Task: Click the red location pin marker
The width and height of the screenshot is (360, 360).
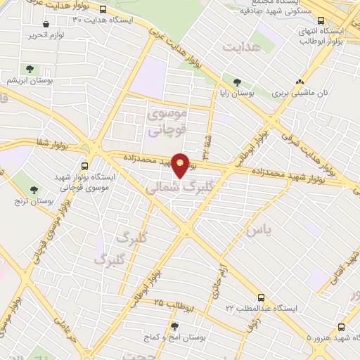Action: (181, 165)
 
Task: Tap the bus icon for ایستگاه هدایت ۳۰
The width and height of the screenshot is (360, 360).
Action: (103, 10)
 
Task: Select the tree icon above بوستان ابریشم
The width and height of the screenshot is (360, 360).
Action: (30, 69)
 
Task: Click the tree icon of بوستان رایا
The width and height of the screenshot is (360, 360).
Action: (238, 82)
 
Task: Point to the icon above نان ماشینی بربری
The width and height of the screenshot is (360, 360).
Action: (300, 82)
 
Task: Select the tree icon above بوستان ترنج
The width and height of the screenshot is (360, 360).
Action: (34, 191)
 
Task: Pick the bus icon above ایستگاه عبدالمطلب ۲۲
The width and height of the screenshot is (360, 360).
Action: (261, 297)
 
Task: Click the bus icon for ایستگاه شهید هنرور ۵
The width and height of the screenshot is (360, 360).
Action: (341, 327)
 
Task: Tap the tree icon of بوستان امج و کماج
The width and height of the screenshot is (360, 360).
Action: (174, 326)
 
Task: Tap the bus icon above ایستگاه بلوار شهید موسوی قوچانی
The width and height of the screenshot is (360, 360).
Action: (85, 166)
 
